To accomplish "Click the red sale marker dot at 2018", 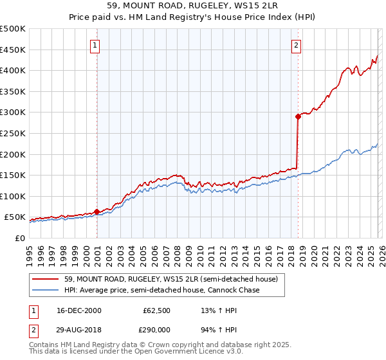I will point(298,116).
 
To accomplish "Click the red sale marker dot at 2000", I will point(97,212).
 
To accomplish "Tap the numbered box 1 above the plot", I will point(95,45).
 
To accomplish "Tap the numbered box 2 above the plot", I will point(296,45).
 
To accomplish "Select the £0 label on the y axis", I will point(19,238).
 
